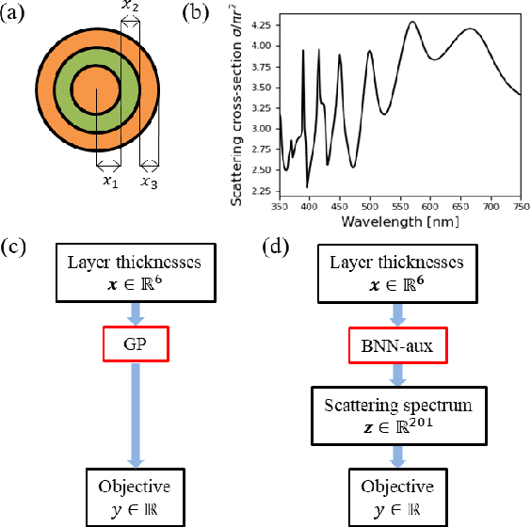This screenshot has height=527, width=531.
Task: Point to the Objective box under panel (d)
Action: (396, 496)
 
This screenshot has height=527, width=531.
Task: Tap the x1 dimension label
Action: (110, 181)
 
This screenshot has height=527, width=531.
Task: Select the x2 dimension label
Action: (132, 8)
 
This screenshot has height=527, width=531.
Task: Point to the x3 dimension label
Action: (150, 181)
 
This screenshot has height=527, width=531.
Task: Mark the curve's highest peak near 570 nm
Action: (411, 22)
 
